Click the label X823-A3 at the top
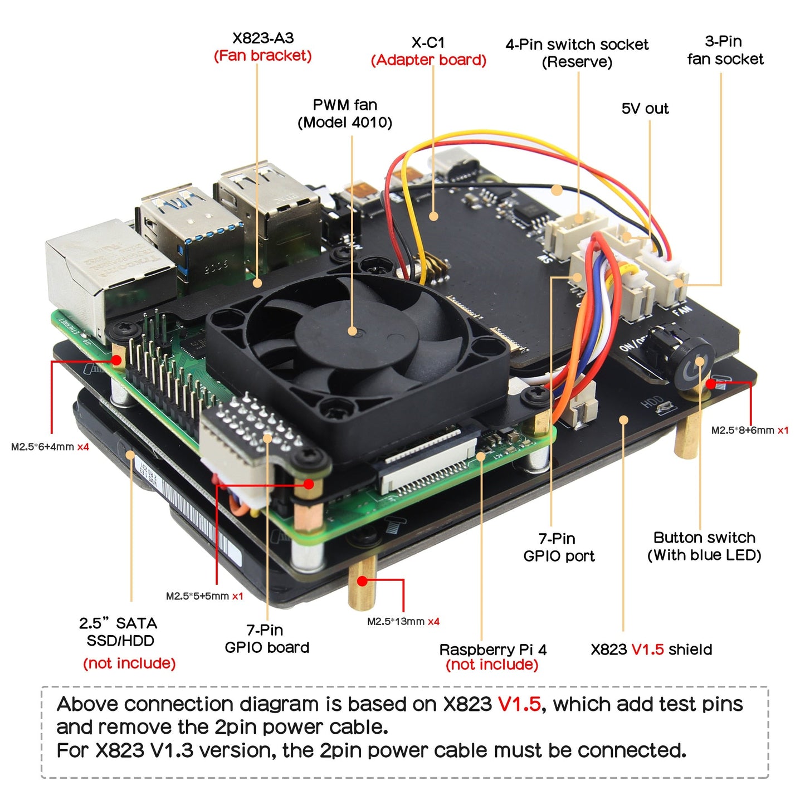tap(262, 38)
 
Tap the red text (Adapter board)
tap(428, 60)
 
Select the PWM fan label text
tap(345, 105)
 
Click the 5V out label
tap(645, 109)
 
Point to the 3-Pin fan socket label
tap(725, 50)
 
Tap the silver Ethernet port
tap(106, 273)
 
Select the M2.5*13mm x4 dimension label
tap(403, 622)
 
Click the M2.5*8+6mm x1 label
tap(749, 430)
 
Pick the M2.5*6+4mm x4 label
tap(50, 447)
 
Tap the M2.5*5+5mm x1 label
tap(204, 596)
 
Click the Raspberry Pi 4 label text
tap(492, 650)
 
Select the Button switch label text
tap(704, 538)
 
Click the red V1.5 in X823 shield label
tap(647, 650)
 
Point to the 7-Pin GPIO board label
tap(267, 638)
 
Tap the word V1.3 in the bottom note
tap(172, 750)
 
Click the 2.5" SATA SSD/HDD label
tap(120, 632)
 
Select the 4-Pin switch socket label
tap(577, 45)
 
